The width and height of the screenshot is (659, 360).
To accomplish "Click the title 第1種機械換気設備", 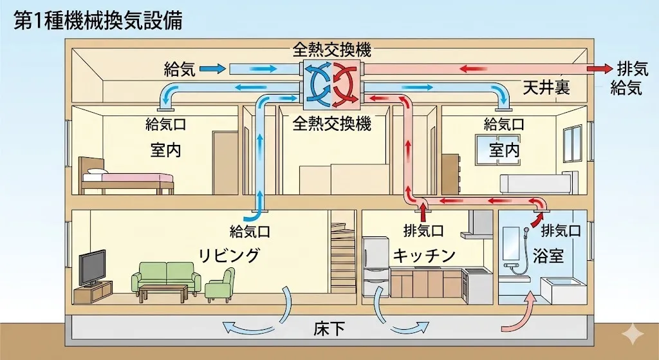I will tap(97, 21).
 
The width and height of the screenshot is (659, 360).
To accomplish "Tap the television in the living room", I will tap(92, 268).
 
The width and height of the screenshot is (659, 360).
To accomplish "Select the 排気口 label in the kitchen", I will tap(423, 230).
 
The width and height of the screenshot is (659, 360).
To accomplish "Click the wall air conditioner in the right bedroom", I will tap(535, 183).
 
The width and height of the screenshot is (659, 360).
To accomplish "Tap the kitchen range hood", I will tap(479, 225).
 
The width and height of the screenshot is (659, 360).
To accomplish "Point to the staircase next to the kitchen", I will tap(342, 258).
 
